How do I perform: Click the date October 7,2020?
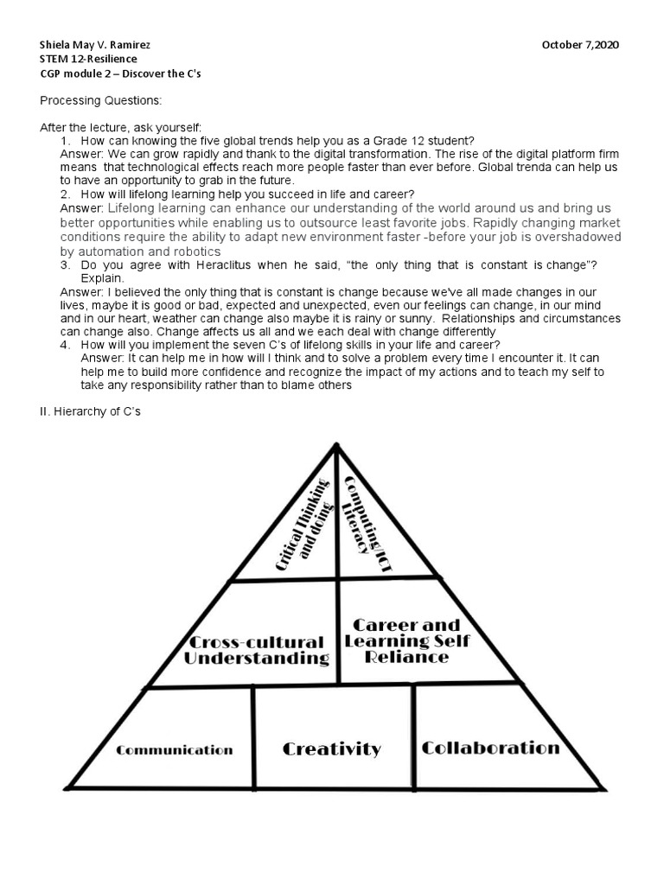coord(580,45)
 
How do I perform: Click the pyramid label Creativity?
coord(331,748)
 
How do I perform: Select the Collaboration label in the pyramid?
coord(490,748)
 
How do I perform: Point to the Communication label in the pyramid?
coord(175,750)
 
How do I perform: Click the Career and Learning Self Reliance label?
coord(406,640)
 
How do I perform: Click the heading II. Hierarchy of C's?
coord(90,412)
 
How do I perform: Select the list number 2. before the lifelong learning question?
coord(66,194)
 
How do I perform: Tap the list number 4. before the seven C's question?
coord(66,344)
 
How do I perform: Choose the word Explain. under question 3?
coord(103,278)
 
